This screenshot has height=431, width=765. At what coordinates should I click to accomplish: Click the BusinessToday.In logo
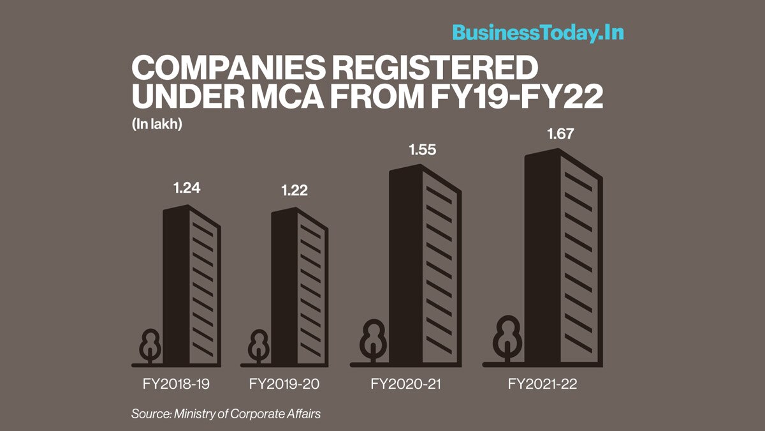[537, 33]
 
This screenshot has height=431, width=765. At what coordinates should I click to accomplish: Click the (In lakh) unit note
[157, 125]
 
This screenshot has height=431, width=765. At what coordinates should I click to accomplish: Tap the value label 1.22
[294, 191]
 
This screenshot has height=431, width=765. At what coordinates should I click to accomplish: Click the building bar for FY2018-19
[191, 287]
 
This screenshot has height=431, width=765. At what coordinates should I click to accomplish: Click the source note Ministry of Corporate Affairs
[226, 414]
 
